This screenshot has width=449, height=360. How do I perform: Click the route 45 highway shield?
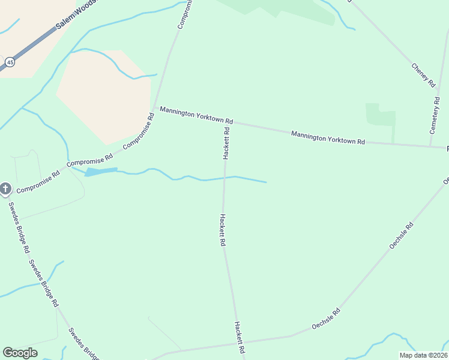point(10,62)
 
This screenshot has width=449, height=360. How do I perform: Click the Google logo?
point(20,353)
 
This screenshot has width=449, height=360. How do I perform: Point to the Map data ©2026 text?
point(423,355)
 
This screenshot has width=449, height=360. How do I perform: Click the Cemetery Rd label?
point(436,115)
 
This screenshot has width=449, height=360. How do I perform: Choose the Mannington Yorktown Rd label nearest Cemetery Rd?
point(328,137)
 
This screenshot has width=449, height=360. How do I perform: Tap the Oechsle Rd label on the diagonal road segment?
point(402,236)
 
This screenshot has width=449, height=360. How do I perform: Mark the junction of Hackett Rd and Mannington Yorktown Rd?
point(227,122)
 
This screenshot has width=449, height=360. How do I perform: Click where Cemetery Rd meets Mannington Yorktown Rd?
point(430,146)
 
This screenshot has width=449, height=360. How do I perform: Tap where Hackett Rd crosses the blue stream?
point(225,178)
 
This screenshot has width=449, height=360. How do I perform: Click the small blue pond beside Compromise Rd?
point(101,172)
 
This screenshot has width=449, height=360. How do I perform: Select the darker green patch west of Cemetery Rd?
point(381,115)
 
